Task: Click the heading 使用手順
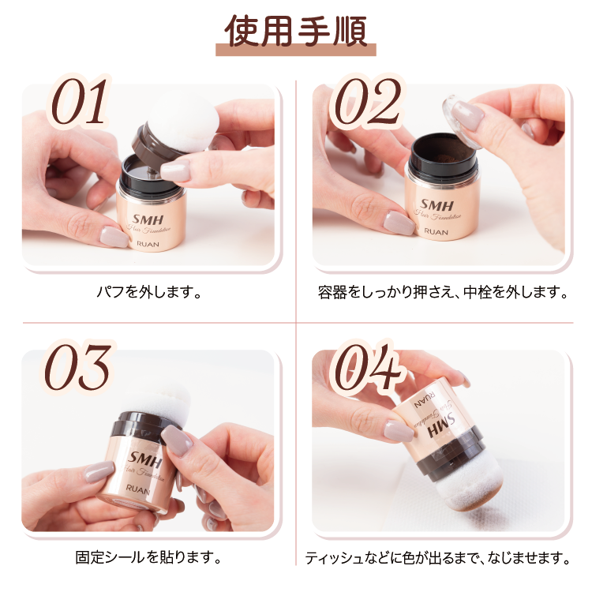coord(296,29)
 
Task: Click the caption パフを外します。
coord(149,293)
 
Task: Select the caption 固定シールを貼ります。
coord(148,558)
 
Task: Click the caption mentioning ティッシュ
coord(437,558)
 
